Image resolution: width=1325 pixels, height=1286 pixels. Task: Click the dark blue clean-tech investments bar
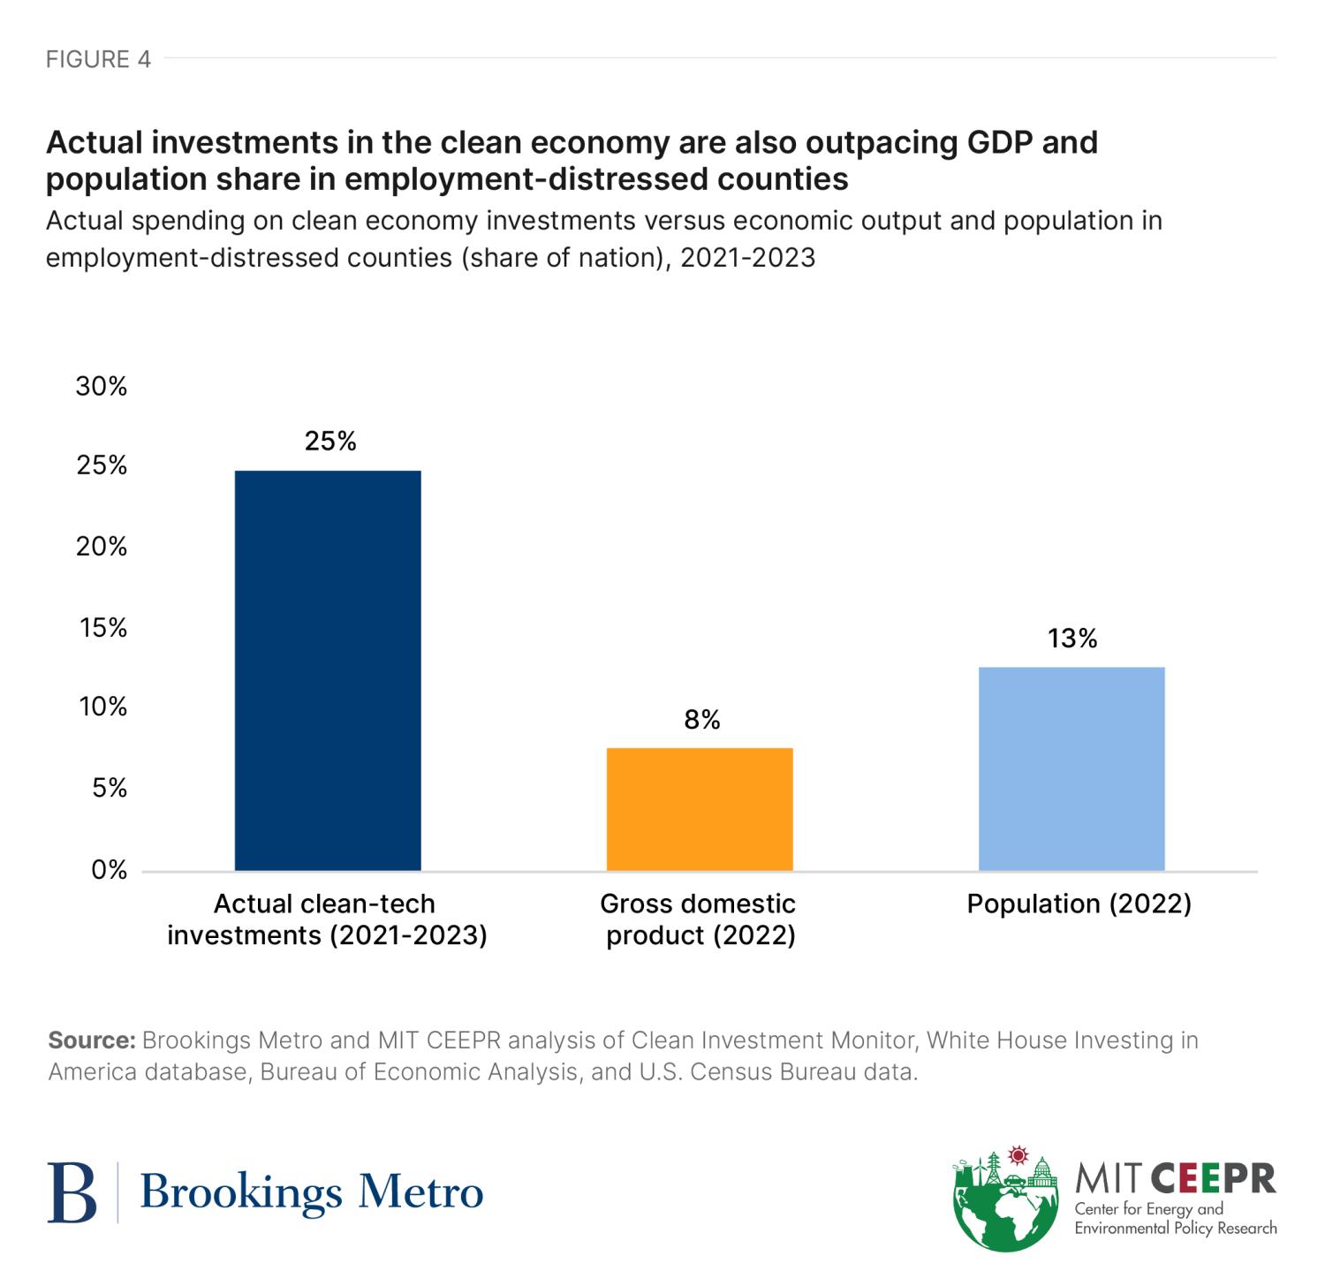(x=328, y=670)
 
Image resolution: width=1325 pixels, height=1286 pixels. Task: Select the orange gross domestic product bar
(x=700, y=809)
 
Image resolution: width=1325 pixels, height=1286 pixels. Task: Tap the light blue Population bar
(x=1071, y=768)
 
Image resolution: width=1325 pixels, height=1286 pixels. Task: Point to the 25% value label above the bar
(x=330, y=442)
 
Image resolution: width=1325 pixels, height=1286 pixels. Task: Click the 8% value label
(x=702, y=721)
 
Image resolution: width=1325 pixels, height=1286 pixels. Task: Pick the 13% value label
(x=1072, y=639)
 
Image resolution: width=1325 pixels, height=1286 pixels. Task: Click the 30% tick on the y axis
(x=102, y=386)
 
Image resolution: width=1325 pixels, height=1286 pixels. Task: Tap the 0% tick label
(x=109, y=870)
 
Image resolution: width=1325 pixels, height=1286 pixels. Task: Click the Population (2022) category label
(x=1079, y=904)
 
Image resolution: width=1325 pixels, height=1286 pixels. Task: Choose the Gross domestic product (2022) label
(x=699, y=919)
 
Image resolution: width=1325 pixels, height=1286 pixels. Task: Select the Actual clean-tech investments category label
(x=327, y=919)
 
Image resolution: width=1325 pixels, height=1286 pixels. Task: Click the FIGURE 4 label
(x=98, y=59)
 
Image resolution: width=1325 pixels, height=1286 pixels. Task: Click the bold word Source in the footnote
(x=91, y=1040)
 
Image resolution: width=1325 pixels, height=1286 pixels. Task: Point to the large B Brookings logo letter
(x=72, y=1192)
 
